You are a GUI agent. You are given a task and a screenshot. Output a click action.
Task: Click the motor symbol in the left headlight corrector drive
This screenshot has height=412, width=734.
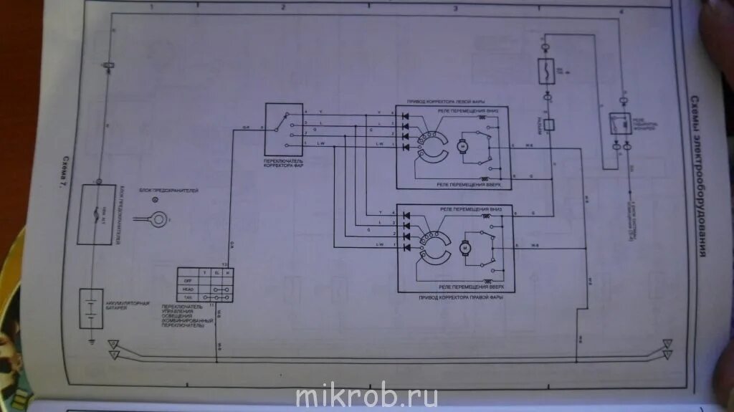[x=462, y=147]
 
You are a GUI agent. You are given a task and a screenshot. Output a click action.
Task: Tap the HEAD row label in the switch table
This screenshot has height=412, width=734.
[x=190, y=289]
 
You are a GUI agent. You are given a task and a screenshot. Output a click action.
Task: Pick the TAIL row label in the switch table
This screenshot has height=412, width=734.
[x=190, y=297]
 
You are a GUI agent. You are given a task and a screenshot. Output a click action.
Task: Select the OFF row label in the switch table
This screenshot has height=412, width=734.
[x=190, y=281]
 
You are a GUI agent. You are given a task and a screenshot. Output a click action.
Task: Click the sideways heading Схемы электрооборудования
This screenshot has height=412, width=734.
[x=694, y=176]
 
